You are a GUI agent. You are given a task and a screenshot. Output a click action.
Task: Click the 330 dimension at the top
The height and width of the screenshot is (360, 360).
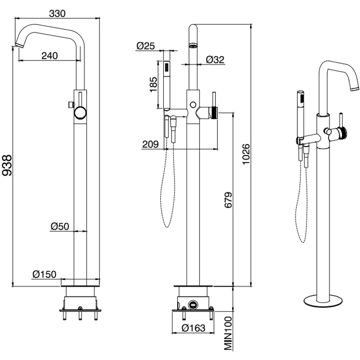[57, 13]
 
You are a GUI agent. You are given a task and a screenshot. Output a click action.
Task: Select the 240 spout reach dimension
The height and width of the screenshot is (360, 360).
[49, 55]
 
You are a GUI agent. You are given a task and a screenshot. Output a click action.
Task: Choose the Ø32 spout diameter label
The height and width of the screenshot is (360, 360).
[215, 59]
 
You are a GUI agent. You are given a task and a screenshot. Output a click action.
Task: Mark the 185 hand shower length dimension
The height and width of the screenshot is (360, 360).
[153, 84]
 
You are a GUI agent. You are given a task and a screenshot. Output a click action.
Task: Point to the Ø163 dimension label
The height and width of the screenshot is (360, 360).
[194, 328]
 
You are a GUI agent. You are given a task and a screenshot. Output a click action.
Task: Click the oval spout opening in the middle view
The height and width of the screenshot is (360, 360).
[193, 45]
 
